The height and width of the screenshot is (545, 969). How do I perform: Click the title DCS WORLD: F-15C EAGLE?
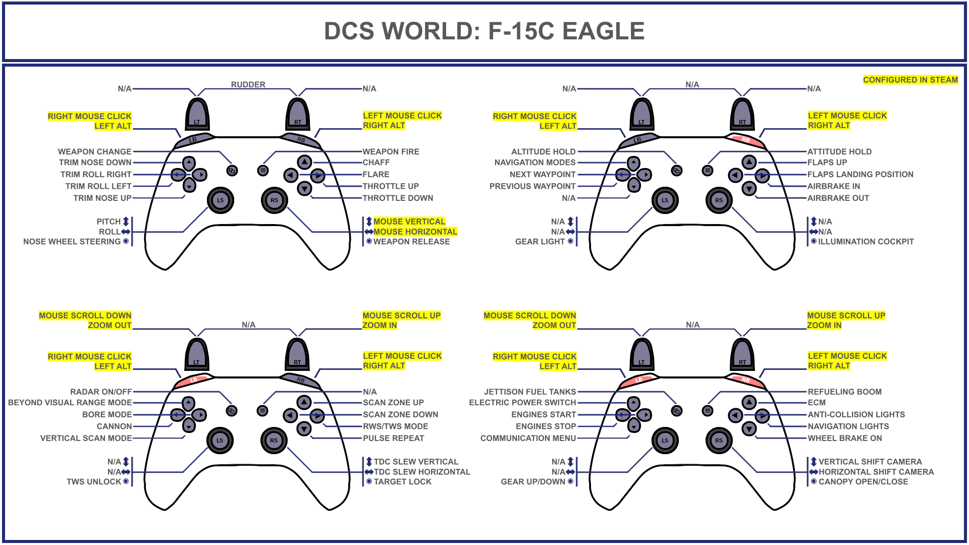pos(484,31)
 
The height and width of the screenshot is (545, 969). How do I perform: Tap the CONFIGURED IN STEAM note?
pos(910,80)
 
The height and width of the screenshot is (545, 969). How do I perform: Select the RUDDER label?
pos(248,84)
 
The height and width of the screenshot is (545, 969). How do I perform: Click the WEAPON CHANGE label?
pos(94,151)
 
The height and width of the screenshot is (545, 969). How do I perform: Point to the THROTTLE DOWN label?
pos(398,198)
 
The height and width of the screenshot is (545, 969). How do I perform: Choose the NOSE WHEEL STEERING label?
pos(72,242)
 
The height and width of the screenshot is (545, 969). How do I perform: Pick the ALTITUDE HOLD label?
pos(543,151)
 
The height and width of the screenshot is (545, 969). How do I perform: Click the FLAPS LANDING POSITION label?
pos(860,174)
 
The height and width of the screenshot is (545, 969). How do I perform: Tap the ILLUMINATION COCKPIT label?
pos(866,242)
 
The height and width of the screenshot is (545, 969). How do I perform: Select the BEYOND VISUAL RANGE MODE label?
pos(70,402)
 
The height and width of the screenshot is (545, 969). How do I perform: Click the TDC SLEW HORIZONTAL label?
pos(422,472)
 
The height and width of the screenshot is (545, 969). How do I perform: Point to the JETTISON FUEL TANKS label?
pos(530,392)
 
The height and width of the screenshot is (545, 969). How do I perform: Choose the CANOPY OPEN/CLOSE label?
pos(863,482)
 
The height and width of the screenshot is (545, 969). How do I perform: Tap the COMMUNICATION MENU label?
pos(528,438)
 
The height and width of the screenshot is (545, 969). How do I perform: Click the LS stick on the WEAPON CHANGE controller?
pos(220,200)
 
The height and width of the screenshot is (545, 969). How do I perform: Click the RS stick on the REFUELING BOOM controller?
pos(719,440)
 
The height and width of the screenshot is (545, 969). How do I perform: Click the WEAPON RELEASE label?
pos(411,242)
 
